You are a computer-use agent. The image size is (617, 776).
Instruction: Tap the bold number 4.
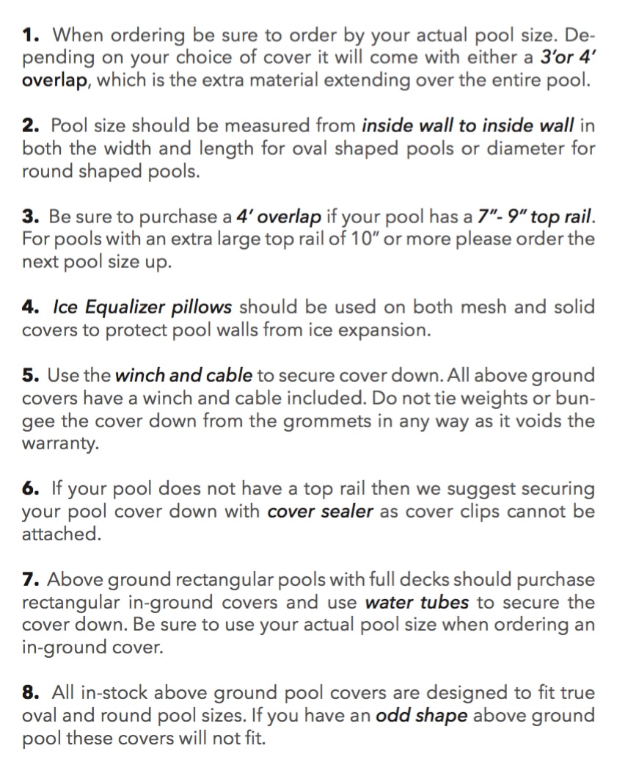(29, 307)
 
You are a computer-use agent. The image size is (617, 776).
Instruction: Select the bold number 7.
(29, 580)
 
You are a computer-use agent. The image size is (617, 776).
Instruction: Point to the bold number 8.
(29, 692)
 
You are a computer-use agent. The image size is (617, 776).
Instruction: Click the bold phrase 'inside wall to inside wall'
(467, 126)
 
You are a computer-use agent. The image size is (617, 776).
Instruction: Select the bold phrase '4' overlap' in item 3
(278, 217)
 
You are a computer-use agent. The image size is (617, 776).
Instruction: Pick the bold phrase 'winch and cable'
(183, 376)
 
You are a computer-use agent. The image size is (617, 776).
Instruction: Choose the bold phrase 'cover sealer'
(321, 512)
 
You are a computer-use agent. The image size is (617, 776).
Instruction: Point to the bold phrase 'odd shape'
(421, 716)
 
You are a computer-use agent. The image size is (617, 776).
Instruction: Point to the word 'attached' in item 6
(59, 534)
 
